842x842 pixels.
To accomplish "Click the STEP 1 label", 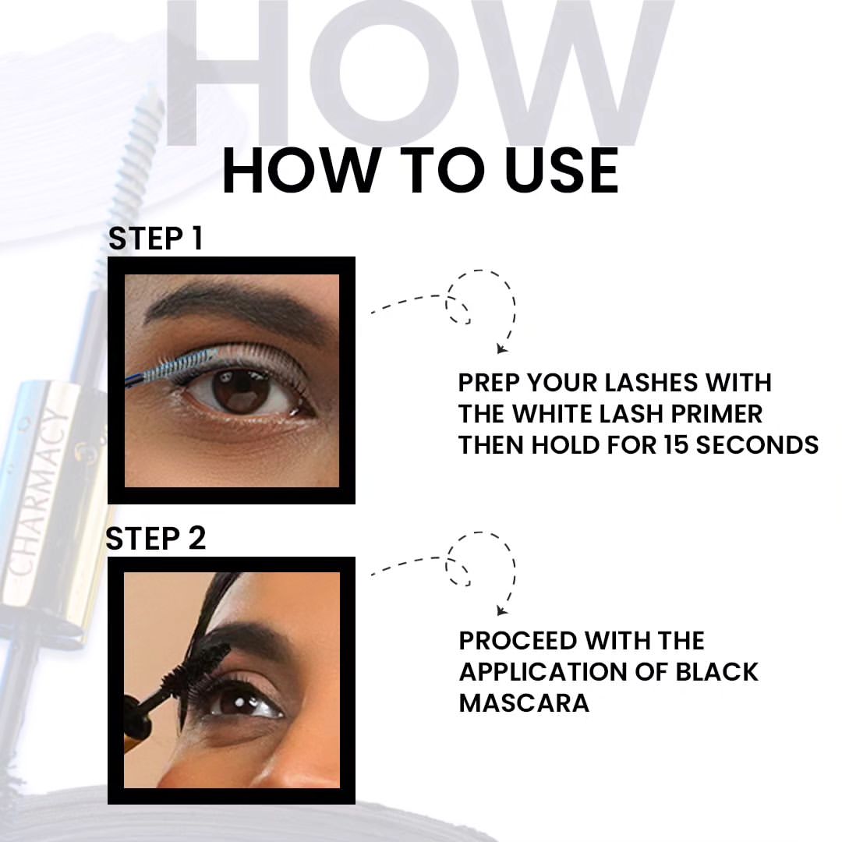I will (x=155, y=239).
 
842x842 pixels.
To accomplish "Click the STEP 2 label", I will (x=155, y=539).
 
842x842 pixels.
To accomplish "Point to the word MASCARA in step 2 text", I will (x=524, y=702).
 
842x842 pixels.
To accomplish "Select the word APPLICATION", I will (x=559, y=671).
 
